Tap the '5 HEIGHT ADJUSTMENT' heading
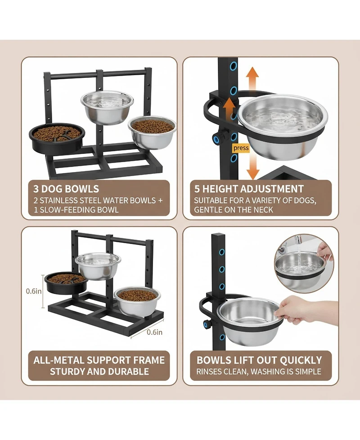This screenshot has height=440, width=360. pos(249,189)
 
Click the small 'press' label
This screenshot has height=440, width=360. pos(241,148)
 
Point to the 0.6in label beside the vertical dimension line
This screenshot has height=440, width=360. pos(33,291)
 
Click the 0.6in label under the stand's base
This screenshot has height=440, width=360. pos(154,333)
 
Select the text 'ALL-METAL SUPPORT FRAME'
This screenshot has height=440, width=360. pos(99,360)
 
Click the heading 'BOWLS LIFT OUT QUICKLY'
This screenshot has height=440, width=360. pos(260,360)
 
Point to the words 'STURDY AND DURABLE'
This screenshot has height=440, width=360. pos(99,372)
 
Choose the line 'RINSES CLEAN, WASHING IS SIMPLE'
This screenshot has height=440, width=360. pos(259,372)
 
